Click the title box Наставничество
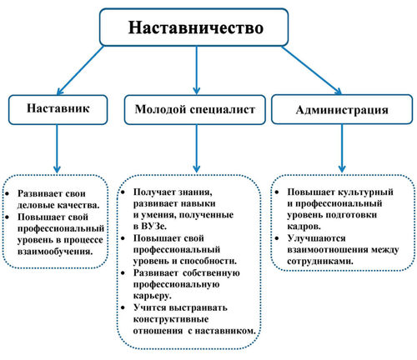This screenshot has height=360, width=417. [193, 27]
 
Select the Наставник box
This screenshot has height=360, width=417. [58, 110]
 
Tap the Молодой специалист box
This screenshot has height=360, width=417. [195, 110]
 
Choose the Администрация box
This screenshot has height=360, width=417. [342, 109]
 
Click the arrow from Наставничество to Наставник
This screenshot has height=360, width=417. [80, 70]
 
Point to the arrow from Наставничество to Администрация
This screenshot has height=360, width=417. [311, 70]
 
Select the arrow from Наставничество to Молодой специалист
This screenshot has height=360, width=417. [197, 70]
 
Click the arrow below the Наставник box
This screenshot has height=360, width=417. [57, 148]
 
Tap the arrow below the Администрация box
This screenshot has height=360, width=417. [342, 148]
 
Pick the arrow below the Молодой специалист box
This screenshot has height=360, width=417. [197, 148]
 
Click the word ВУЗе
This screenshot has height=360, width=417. [150, 226]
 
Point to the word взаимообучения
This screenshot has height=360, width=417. [55, 252]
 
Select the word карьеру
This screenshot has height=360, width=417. [152, 296]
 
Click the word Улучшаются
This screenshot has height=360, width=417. [316, 238]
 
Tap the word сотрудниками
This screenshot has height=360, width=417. [320, 262]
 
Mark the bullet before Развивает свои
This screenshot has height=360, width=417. [8, 193]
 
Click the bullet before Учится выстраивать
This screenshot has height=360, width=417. [123, 307]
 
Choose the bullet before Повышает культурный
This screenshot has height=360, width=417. [277, 192]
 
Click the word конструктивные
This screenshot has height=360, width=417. [171, 319]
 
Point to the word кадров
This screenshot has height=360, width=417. [304, 227]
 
